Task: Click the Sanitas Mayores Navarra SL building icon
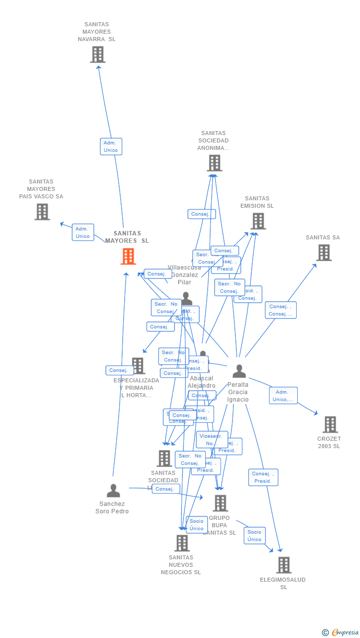pos(98,54)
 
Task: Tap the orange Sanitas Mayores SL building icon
pos(128,256)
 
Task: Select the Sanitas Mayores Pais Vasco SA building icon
pos(42,212)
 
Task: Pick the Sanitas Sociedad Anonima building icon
pos(214,163)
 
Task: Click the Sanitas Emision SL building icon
pos(258,221)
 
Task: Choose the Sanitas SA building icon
pos(323,253)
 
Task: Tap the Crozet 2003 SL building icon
pos(330,424)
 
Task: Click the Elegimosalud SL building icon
pos(283,565)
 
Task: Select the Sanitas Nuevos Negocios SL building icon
pos(181,543)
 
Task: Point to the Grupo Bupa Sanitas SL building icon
pos(220,503)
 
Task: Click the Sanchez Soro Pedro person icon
pos(113,491)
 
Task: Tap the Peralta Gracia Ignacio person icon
pos(239,371)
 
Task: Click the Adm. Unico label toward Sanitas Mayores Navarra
pos(111,146)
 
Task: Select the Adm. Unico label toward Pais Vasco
pos(83,232)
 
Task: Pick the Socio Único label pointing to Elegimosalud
pos(255,536)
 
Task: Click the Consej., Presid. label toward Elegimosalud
pos(263,477)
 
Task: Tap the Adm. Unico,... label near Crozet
pos(283,396)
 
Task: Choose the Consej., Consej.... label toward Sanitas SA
pos(280,310)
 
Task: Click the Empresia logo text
pos(345,632)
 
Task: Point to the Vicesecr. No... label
pos(212,440)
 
